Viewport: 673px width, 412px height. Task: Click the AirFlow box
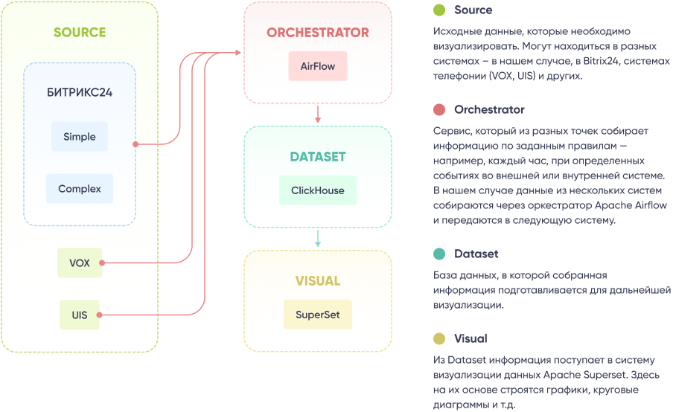point(318,66)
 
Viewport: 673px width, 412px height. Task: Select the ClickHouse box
point(317,190)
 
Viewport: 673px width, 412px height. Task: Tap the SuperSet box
point(317,315)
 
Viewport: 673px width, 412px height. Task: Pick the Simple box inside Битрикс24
point(80,137)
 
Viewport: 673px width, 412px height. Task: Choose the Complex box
point(80,189)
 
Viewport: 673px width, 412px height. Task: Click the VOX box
point(80,263)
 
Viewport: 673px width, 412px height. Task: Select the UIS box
point(79,315)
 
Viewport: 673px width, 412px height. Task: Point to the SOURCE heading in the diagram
point(80,33)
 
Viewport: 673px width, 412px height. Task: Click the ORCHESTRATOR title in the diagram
point(318,33)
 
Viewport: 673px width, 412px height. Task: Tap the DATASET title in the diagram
point(318,157)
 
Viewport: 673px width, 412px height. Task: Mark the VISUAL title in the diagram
point(318,281)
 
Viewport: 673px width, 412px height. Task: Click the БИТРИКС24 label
point(80,93)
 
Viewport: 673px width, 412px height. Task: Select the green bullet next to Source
point(439,10)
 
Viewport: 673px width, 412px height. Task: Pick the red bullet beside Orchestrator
point(439,110)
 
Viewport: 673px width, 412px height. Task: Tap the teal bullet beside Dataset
point(439,254)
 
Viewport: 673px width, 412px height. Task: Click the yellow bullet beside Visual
point(439,339)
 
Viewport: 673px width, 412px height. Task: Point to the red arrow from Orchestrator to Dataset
point(318,114)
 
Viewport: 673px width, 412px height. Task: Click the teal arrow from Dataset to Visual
point(318,238)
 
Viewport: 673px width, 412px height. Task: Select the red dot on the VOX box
point(102,263)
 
